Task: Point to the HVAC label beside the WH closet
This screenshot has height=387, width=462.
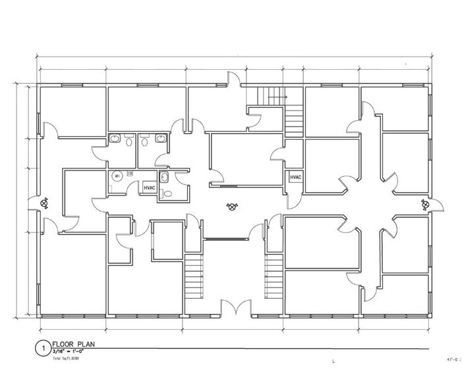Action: point(150,188)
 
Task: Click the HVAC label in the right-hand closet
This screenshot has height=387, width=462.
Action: point(293,178)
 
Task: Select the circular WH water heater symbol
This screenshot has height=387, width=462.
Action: point(116,176)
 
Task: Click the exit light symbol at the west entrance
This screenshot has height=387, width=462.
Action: point(45,203)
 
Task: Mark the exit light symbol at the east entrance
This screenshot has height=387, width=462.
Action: point(422,205)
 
